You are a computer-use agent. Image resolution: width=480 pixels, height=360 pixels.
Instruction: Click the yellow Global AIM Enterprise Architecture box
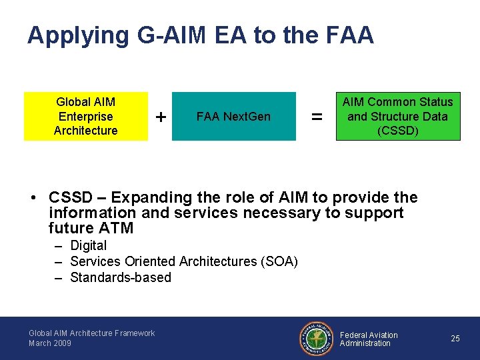(85, 117)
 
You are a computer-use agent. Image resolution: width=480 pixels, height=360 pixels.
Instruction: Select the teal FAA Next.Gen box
(233, 117)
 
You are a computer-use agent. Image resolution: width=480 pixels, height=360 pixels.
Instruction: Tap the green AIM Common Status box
(397, 117)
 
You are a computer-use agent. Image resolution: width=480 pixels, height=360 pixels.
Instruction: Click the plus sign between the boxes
(161, 117)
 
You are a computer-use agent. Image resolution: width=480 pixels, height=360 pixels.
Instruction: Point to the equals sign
(317, 117)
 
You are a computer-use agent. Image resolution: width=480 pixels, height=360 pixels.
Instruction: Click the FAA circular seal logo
(316, 339)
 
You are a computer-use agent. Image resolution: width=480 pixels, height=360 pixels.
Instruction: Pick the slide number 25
(455, 339)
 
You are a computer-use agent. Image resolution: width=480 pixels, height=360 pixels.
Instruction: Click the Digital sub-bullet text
(88, 245)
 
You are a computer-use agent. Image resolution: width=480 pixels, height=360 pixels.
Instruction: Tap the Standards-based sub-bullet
(121, 277)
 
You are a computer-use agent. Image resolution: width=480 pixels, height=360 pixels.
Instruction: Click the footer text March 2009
(50, 343)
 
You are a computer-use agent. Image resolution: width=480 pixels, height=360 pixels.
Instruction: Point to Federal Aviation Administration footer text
(369, 339)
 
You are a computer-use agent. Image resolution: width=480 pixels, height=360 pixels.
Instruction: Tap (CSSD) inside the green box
(397, 131)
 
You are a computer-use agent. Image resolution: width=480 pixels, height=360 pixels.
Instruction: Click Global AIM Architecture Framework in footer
(91, 333)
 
